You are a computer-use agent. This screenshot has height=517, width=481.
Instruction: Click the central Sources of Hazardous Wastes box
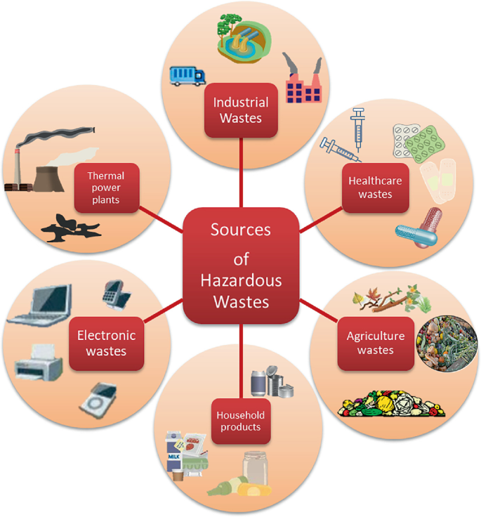[241, 265]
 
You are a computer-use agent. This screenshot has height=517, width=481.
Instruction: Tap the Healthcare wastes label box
[375, 187]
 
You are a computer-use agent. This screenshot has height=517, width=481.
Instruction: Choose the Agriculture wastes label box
[375, 343]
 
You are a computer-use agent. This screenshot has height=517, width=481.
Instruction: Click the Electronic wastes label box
[106, 343]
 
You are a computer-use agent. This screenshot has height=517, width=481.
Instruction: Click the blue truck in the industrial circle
[187, 75]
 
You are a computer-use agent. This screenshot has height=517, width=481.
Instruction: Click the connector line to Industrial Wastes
[241, 172]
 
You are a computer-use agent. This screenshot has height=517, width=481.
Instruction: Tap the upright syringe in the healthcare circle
[358, 129]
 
